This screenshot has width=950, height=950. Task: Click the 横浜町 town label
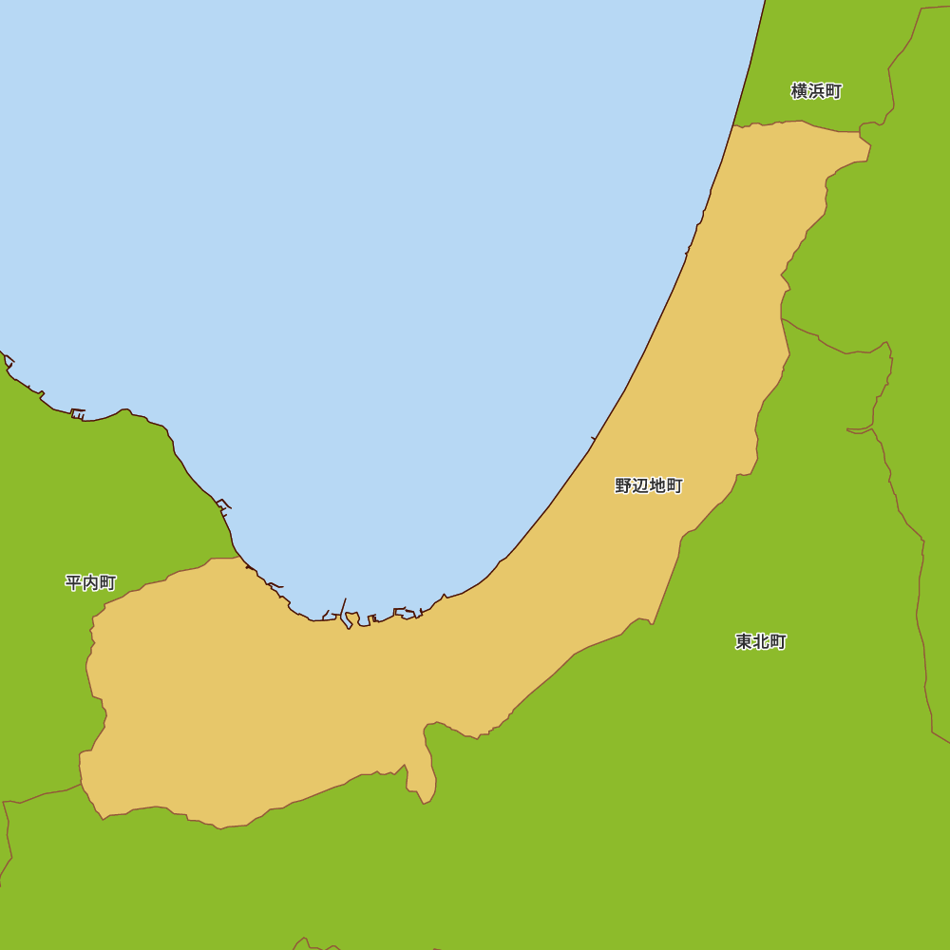pos(816,91)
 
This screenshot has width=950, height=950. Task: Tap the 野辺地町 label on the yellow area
pos(649,485)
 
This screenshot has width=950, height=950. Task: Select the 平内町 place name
pos(90,582)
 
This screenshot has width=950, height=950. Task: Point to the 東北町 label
pos(761,641)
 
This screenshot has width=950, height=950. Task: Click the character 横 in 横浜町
pos(799,91)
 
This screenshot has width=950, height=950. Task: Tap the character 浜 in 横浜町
pos(816,91)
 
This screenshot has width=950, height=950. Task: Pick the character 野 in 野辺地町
pos(623,485)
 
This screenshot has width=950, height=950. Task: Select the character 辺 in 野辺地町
pos(640,485)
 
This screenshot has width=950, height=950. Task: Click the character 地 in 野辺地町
pos(657,485)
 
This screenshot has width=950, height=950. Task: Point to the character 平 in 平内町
pos(73,582)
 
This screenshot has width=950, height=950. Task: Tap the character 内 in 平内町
pos(90,582)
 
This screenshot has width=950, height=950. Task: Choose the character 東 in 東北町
pos(744,641)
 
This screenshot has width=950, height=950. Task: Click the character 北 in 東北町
pos(761,641)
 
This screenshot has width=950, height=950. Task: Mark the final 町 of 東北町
pos(778,641)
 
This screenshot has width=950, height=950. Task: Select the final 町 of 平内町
pos(107,582)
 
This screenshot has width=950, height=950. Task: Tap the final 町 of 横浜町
pos(833,91)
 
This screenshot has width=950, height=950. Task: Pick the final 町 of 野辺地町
pos(674,485)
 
